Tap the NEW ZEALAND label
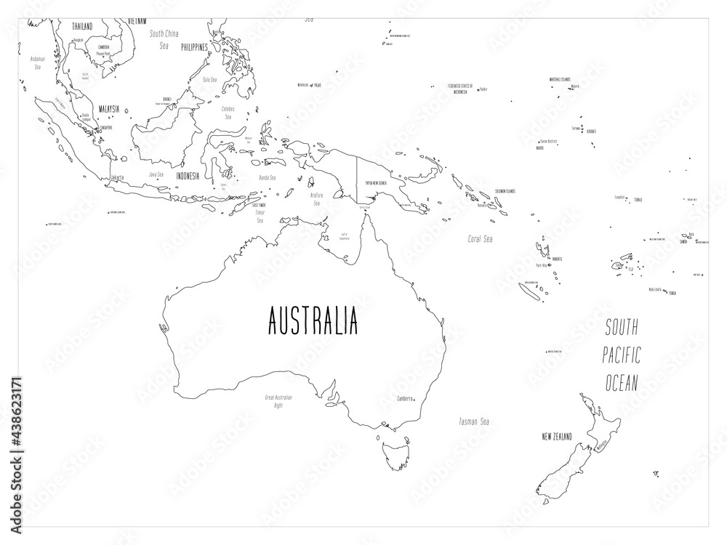(x=557, y=436)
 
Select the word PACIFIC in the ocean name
(x=622, y=357)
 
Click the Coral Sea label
(x=481, y=238)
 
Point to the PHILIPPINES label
(x=190, y=47)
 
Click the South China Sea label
(x=164, y=39)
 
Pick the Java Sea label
(x=155, y=174)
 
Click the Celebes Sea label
(x=228, y=112)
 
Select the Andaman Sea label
(x=37, y=61)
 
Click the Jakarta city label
(x=116, y=177)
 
